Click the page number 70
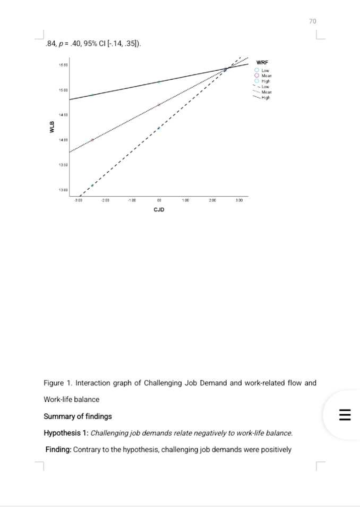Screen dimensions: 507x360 [312, 21]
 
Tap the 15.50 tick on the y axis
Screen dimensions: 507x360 [63, 64]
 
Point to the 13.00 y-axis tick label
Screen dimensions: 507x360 [63, 190]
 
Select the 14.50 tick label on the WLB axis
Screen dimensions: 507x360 [63, 115]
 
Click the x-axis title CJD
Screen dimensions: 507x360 [159, 209]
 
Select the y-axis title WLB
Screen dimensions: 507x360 [52, 128]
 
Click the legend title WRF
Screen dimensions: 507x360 [262, 63]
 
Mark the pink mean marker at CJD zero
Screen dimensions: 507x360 [159, 105]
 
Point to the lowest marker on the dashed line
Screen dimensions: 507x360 [92, 185]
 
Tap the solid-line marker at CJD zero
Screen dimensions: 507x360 [159, 82]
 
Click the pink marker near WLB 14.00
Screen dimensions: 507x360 [92, 140]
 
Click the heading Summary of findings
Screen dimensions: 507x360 [78, 416]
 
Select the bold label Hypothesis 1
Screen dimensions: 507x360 [66, 433]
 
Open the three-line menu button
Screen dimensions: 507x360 [344, 415]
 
